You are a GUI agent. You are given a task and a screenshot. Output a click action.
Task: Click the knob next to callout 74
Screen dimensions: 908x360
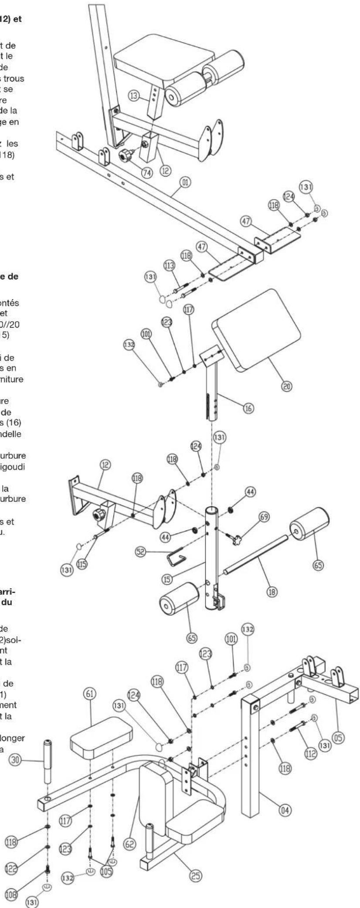(128, 154)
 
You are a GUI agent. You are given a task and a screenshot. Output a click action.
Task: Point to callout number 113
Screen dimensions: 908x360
(169, 265)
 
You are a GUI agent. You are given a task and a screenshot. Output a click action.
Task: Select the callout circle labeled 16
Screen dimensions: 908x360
(250, 408)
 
